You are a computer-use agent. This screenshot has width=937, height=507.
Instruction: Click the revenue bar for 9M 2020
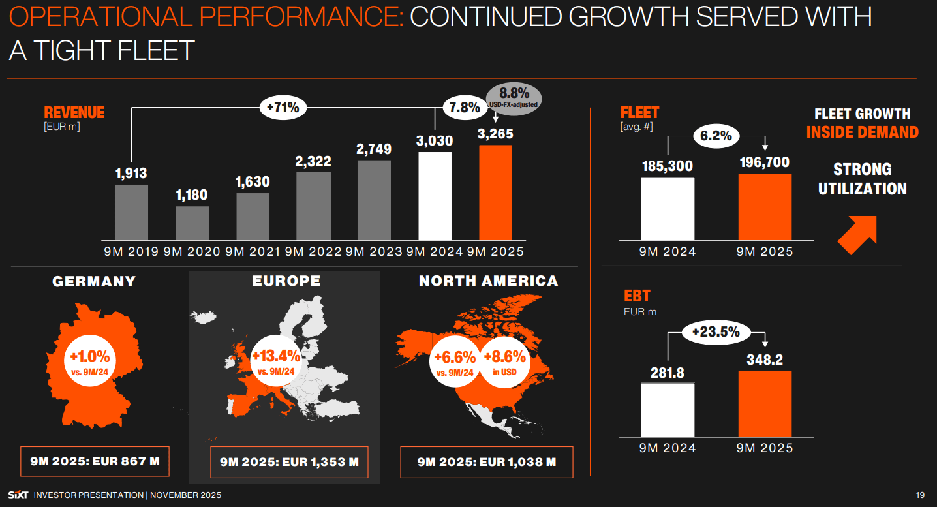click(192, 223)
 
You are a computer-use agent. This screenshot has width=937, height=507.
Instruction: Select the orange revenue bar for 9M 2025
click(496, 192)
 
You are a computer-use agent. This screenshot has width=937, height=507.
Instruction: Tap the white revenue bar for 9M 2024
click(435, 196)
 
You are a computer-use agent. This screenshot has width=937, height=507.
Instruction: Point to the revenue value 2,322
click(313, 162)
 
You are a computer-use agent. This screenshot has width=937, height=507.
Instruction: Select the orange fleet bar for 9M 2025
click(765, 207)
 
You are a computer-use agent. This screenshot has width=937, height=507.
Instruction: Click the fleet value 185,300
click(668, 166)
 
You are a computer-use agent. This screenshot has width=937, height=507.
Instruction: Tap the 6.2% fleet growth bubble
click(716, 136)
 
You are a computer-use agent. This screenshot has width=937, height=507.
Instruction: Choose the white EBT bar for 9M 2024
click(668, 410)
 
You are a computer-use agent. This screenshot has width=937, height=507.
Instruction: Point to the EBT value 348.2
click(765, 360)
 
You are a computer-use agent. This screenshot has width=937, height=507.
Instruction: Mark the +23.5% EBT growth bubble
click(716, 332)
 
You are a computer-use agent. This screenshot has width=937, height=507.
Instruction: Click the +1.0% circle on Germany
click(90, 362)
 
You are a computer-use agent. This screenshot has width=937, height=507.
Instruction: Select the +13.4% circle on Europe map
click(276, 362)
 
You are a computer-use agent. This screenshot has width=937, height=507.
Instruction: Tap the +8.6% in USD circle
click(504, 362)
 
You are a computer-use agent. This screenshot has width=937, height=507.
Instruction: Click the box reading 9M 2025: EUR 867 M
click(95, 462)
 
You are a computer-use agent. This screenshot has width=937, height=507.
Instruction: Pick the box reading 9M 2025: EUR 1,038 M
click(486, 463)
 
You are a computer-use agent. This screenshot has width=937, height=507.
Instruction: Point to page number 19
click(921, 495)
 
